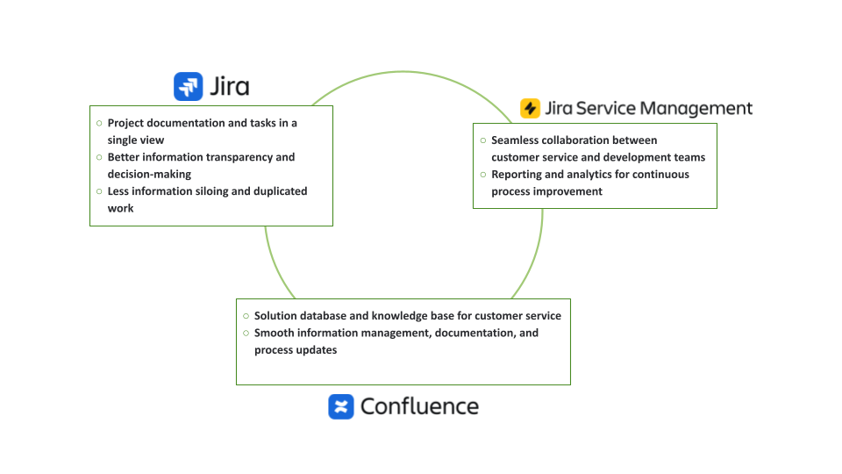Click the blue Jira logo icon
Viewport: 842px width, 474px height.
(x=189, y=86)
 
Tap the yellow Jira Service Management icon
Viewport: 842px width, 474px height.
(x=531, y=108)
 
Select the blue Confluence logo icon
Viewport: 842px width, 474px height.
(x=341, y=406)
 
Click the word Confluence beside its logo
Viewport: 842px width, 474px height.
(x=419, y=406)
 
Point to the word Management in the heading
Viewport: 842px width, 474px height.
(x=696, y=108)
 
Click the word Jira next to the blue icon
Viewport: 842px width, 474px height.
(x=230, y=86)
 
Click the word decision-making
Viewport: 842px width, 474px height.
(x=149, y=174)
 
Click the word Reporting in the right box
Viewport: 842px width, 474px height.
(x=517, y=175)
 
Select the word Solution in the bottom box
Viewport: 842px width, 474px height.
(x=278, y=316)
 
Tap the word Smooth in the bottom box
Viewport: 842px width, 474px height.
(x=274, y=334)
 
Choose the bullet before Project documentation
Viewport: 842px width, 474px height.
(x=99, y=123)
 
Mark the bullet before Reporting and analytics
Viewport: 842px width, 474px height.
(x=482, y=175)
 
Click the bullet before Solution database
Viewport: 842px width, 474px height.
(x=246, y=316)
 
